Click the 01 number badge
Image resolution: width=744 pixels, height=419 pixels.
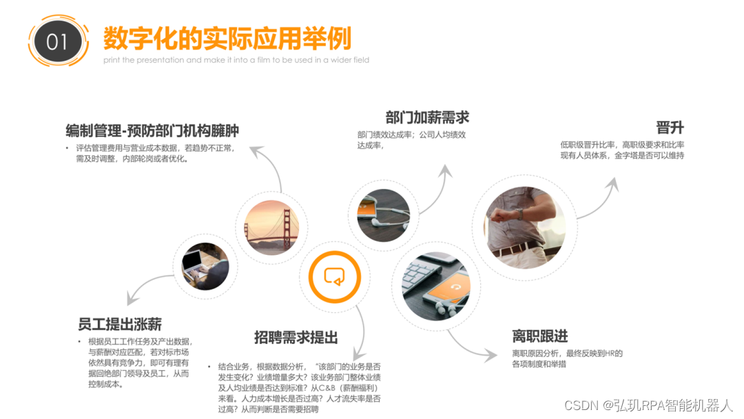point(58,41)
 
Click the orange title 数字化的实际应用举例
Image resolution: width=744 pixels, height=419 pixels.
point(227,39)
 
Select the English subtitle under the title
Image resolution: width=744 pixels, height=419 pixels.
point(236,60)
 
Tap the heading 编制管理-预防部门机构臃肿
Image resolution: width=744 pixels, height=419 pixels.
point(152,130)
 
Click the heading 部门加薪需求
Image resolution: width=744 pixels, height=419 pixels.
point(427,117)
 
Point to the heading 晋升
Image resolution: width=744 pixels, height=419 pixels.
point(670,127)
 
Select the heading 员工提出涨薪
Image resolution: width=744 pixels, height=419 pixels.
point(120,324)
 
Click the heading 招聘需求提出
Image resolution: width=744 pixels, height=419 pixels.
point(296,338)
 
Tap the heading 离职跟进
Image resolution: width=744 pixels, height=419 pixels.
point(540,336)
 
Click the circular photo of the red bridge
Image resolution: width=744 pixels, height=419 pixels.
point(272,227)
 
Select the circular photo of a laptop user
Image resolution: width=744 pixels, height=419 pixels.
point(205,266)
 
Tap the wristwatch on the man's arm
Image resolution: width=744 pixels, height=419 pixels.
point(520,214)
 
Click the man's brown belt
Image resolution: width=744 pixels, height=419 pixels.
point(517,247)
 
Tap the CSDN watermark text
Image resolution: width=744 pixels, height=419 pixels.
point(648,405)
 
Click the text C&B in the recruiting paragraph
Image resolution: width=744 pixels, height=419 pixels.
point(327,388)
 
